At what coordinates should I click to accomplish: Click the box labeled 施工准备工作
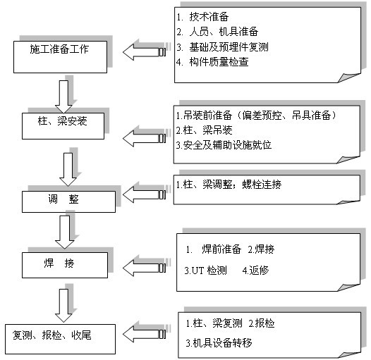(x=60, y=57)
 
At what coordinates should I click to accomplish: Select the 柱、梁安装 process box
(x=63, y=125)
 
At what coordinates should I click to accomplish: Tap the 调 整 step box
(x=68, y=201)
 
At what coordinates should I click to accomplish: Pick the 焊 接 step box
(x=65, y=265)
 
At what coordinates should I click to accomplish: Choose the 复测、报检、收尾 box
(x=61, y=339)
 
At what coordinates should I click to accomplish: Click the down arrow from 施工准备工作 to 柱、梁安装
(x=63, y=97)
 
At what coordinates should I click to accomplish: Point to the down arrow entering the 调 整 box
(x=68, y=170)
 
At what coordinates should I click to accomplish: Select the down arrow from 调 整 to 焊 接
(x=64, y=232)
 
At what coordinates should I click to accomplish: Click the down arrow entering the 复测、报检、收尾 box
(x=63, y=306)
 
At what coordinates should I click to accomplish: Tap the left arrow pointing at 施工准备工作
(x=145, y=52)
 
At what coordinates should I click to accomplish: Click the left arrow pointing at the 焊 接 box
(x=145, y=268)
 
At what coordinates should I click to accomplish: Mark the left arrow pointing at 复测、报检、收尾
(x=145, y=334)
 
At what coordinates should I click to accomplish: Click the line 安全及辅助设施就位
(x=224, y=145)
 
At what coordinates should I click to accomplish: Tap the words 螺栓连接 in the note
(x=262, y=185)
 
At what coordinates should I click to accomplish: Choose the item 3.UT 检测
(x=206, y=271)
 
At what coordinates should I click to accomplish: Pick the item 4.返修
(x=256, y=271)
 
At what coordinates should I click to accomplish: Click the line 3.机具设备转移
(x=219, y=343)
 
